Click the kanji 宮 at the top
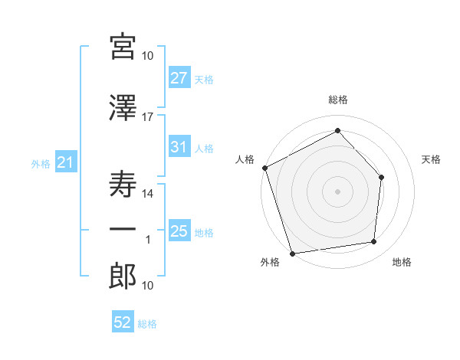coord(123,47)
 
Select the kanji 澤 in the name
coord(123,108)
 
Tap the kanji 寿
coord(123,184)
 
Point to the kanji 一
coord(123,229)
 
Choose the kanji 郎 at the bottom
coord(123,276)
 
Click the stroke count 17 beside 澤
coord(147,117)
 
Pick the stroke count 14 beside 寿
coord(147,194)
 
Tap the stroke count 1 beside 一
coord(148,240)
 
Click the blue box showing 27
coord(179,77)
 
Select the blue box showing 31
coord(179,146)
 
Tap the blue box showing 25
coord(179,230)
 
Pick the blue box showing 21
coord(66,162)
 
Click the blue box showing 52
coord(123,321)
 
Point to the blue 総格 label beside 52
coord(147,324)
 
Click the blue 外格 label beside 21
coord(41,164)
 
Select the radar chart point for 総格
coord(337,130)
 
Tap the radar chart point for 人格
coord(265,168)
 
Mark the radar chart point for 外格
coord(292,254)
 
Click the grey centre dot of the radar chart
coord(337,191)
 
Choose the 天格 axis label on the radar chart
coord(431,159)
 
